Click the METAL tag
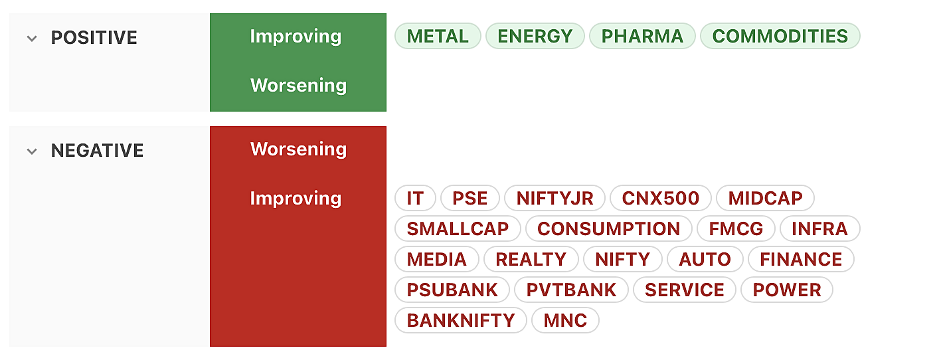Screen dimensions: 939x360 tap(438, 36)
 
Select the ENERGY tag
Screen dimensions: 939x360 tap(535, 36)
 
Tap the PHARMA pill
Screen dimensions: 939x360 tap(642, 36)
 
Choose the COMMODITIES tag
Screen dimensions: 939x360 tap(780, 36)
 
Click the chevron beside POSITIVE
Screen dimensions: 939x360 tap(32, 39)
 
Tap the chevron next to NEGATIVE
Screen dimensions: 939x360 tap(32, 151)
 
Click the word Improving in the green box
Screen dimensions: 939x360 tap(296, 37)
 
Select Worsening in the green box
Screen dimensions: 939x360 tap(298, 85)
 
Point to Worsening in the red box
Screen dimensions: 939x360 tap(298, 149)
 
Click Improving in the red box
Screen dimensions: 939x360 tap(296, 199)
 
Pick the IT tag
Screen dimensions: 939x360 tap(415, 198)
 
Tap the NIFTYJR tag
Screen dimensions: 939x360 tap(555, 198)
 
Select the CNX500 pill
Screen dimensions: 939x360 tap(660, 198)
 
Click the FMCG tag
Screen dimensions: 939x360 tap(736, 229)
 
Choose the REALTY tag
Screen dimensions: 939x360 tap(531, 260)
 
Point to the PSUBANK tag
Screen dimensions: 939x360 tap(452, 290)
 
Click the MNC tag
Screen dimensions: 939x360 tap(565, 321)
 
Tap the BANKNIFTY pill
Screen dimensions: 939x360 tap(460, 321)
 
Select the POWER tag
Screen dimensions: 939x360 tap(786, 290)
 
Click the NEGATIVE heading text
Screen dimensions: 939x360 tap(97, 151)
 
